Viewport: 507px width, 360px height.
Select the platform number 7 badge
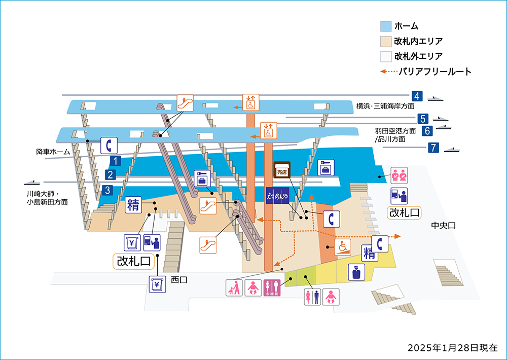click(433, 148)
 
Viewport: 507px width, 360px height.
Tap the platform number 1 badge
click(116, 161)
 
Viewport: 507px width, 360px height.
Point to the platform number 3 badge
click(107, 191)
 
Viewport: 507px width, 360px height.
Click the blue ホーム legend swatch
click(385, 26)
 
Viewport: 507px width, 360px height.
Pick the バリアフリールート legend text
click(435, 71)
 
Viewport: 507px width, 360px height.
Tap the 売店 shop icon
click(281, 170)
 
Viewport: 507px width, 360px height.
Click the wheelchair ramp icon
click(343, 247)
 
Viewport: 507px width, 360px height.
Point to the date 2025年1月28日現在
click(453, 348)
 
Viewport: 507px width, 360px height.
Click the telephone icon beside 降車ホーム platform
click(108, 145)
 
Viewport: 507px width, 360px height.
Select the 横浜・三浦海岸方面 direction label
click(385, 106)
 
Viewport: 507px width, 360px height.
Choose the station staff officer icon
click(356, 272)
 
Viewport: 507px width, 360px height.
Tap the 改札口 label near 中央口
click(404, 212)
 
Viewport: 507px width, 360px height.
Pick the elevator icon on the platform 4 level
click(250, 102)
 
